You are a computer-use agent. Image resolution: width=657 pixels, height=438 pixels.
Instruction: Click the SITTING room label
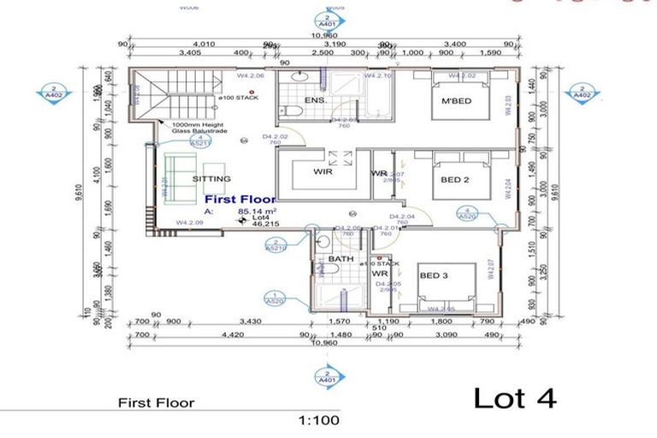(x=211, y=180)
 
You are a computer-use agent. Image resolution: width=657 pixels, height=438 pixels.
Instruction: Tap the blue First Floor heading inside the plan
(x=240, y=198)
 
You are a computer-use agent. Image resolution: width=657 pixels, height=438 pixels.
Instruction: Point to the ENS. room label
(x=316, y=101)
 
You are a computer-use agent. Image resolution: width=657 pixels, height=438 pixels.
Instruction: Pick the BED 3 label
(x=435, y=275)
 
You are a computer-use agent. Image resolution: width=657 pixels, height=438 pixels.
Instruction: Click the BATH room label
(x=340, y=258)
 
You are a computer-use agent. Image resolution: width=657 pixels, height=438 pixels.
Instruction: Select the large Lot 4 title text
(x=515, y=399)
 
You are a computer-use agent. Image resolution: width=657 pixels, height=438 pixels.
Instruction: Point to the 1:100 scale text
(x=319, y=420)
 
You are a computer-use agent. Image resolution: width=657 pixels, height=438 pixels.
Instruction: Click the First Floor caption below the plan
(x=156, y=402)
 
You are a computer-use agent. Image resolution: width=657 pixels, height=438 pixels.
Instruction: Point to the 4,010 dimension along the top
(x=204, y=43)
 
